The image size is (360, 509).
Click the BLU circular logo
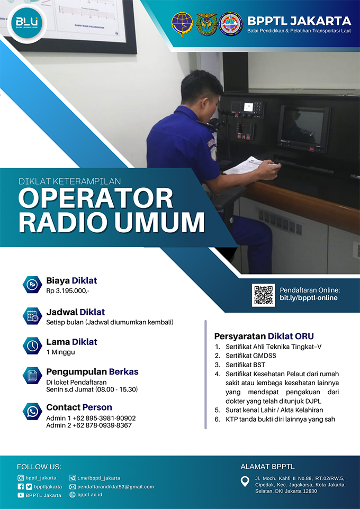[x=27, y=23]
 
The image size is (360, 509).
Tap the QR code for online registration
[x=263, y=295]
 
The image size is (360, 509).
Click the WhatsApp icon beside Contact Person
[x=32, y=411]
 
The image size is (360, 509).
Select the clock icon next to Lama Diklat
[x=32, y=346]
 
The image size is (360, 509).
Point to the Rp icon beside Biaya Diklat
[x=32, y=285]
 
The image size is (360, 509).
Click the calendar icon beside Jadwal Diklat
[x=32, y=316]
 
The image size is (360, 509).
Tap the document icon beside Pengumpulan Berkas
[x=32, y=376]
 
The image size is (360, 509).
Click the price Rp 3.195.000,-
[x=68, y=291]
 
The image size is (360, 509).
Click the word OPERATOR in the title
[x=95, y=198]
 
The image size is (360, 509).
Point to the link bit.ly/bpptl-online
[x=309, y=298]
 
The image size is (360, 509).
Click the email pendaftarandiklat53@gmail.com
[x=115, y=487]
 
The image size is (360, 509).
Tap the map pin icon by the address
[x=245, y=481]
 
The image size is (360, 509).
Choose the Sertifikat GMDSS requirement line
[x=251, y=356]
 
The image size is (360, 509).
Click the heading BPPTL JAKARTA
[x=299, y=21]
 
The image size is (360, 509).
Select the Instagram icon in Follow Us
[x=21, y=478]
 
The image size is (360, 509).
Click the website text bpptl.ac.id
[x=90, y=495]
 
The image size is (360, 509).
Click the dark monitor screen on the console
[x=302, y=126]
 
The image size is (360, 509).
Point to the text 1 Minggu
[x=60, y=352]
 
